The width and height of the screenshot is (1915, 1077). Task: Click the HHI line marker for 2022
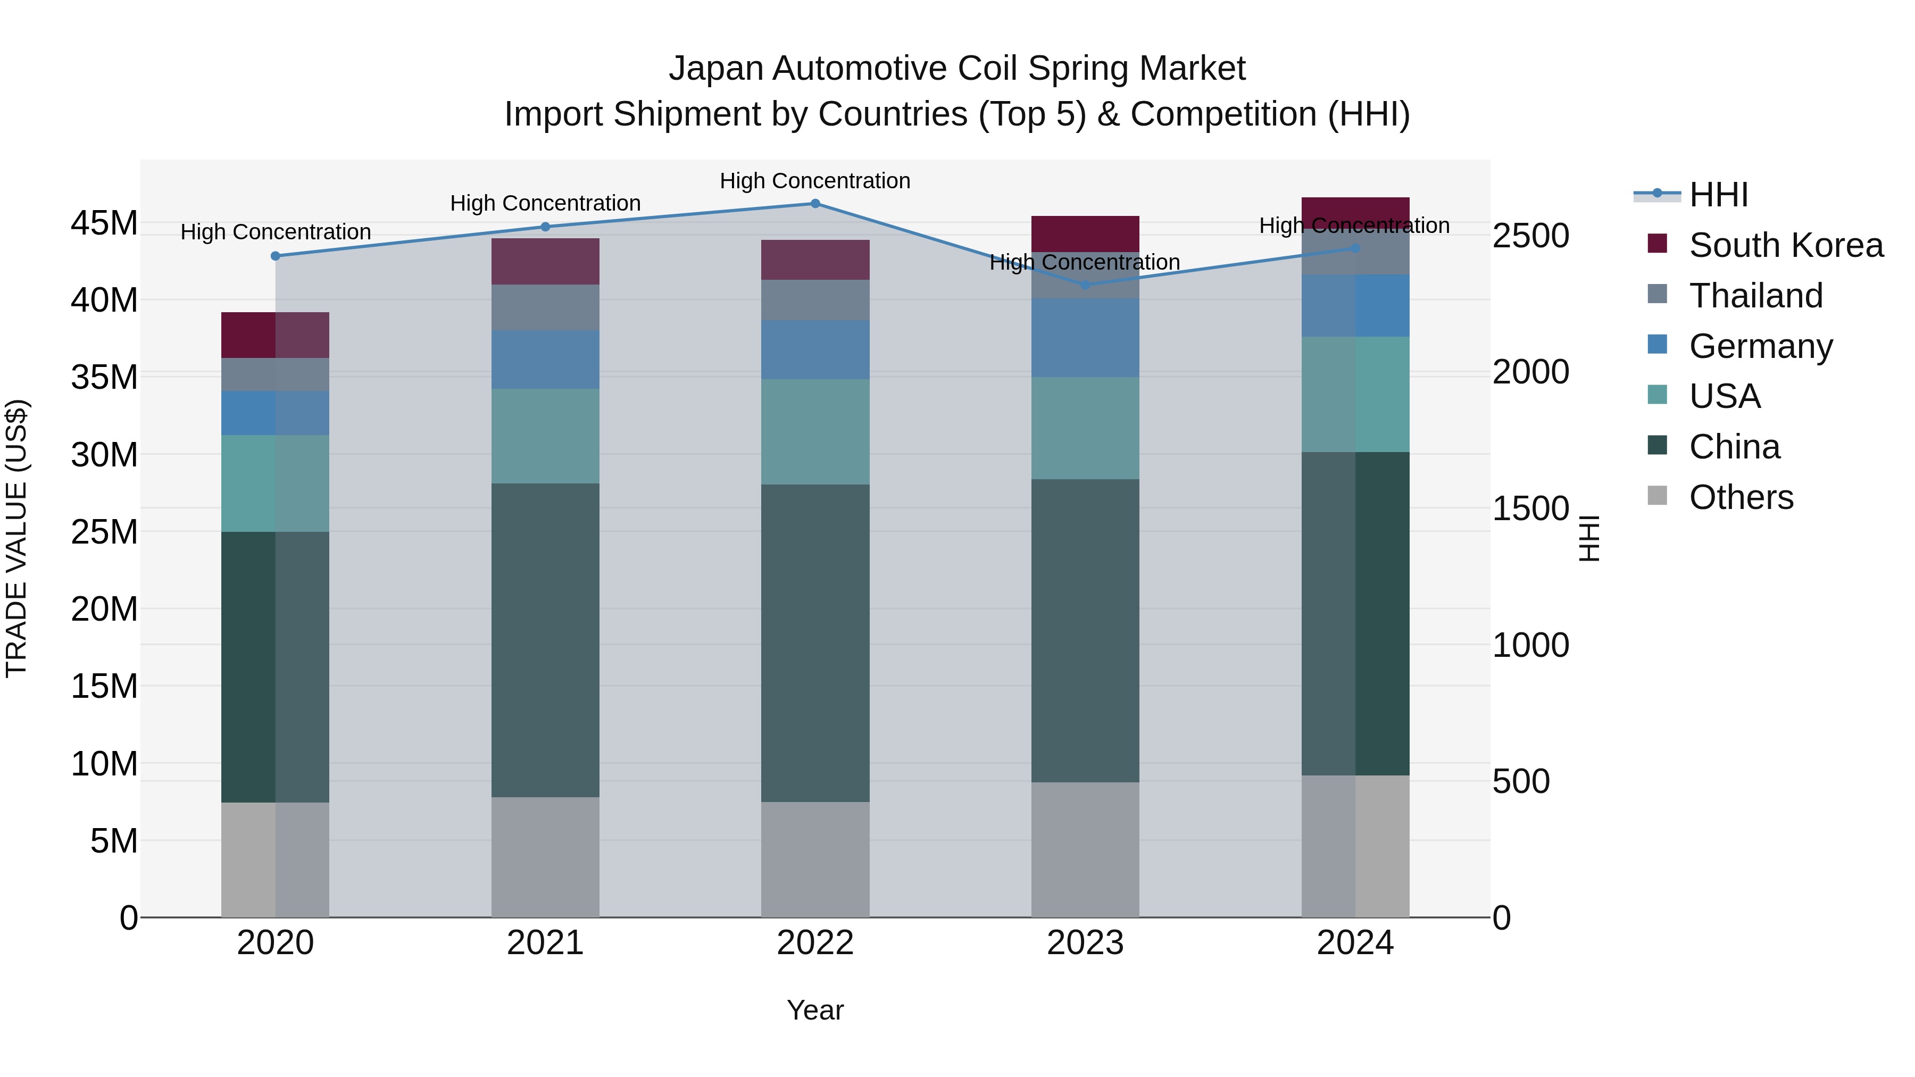815,204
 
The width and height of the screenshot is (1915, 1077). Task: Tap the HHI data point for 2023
1085,285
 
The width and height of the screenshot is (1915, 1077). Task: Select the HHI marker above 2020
275,256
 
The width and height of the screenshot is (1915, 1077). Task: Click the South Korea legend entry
1786,245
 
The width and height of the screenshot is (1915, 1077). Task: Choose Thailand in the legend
1756,296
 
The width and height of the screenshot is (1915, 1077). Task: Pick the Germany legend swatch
1657,345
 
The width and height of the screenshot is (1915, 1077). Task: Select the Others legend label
1741,497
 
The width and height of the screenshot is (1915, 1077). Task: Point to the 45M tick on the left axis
104,223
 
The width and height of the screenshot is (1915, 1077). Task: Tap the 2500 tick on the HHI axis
1530,236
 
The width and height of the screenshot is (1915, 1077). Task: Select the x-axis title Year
815,1010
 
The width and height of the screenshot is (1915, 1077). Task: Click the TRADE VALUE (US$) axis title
16,538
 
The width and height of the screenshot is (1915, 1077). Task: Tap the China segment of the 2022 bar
815,643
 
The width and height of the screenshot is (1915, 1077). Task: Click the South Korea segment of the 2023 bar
1085,233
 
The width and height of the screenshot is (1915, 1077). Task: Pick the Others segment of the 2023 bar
1085,849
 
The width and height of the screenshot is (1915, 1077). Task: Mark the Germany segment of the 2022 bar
815,349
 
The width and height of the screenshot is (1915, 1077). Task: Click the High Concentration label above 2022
815,181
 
